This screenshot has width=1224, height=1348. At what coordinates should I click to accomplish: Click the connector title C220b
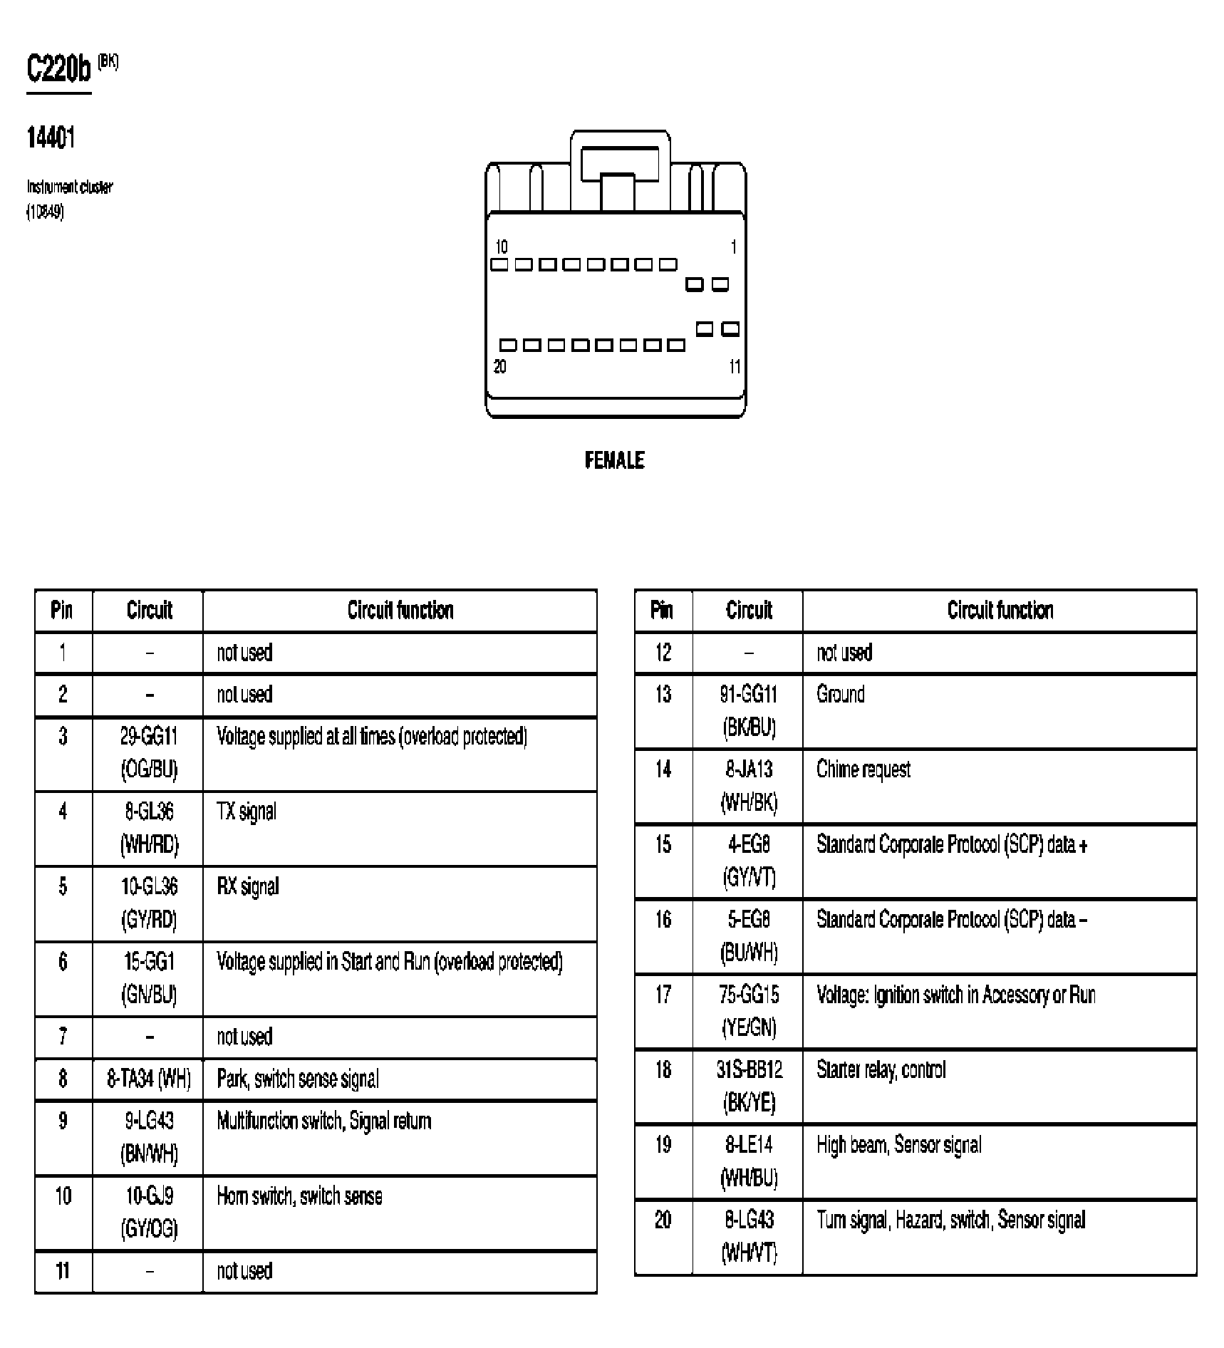point(59,69)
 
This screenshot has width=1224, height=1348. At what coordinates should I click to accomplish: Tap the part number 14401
point(51,137)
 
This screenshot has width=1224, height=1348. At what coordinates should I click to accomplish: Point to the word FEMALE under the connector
point(614,460)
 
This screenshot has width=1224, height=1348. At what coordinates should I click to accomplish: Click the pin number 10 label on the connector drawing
point(501,247)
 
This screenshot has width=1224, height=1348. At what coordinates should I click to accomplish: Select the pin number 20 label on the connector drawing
point(500,366)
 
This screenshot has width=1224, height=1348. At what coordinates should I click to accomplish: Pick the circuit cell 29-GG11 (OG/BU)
point(148,752)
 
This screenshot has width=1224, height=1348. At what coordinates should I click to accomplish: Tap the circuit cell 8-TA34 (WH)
point(148,1079)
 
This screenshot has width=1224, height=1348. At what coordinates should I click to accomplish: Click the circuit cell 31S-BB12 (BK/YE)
point(749,1086)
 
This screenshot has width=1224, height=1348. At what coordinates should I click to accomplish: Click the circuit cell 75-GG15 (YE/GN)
point(749,1010)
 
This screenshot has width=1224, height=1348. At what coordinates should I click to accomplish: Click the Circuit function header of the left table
point(400,610)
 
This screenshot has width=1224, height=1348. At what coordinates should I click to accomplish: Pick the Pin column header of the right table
point(662,610)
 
